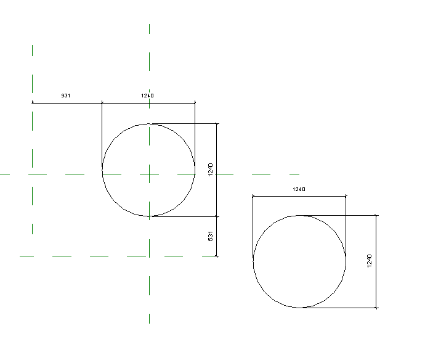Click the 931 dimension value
(x=65, y=96)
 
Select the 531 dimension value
(x=211, y=236)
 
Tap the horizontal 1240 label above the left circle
(x=147, y=96)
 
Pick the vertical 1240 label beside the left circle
(x=211, y=170)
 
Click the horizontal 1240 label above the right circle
(x=299, y=189)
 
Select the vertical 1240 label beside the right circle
(x=369, y=261)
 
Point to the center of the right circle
(x=299, y=261)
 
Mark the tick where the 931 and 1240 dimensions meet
(x=102, y=102)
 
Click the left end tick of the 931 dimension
(x=32, y=102)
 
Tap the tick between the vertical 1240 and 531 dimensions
(x=217, y=216)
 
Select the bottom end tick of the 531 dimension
(x=217, y=256)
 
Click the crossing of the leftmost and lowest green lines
(x=32, y=256)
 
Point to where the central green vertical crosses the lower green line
(x=149, y=256)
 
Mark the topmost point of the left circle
(x=149, y=123)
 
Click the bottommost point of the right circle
(x=299, y=308)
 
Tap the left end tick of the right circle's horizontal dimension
(x=253, y=197)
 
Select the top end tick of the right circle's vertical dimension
(x=376, y=215)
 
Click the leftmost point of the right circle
(x=253, y=261)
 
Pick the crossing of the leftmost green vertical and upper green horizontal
(x=32, y=174)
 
